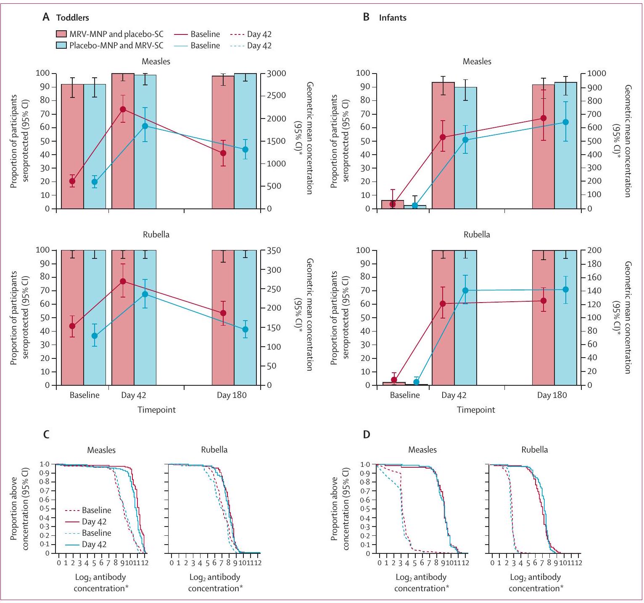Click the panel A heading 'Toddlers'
(x=72, y=18)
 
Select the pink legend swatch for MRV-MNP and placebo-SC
(x=61, y=34)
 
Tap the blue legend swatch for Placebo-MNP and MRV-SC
(x=61, y=45)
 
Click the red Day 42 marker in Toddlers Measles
(x=123, y=109)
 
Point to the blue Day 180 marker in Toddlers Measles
(x=245, y=149)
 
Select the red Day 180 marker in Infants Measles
(x=544, y=118)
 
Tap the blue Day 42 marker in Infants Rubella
(x=465, y=290)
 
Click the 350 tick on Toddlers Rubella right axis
(x=274, y=250)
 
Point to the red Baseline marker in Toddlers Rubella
(x=72, y=326)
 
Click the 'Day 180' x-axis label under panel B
(x=552, y=395)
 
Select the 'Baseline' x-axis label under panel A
(x=84, y=395)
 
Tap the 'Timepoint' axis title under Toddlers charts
(x=156, y=410)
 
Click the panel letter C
(x=46, y=434)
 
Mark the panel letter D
(x=367, y=434)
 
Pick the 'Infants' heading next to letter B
(x=393, y=18)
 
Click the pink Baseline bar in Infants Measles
(x=393, y=205)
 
